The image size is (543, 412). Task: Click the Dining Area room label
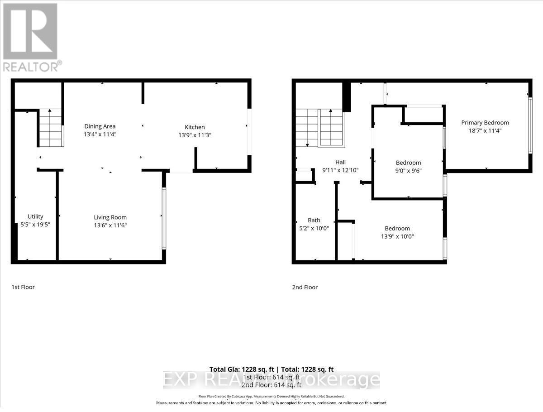pos(100,126)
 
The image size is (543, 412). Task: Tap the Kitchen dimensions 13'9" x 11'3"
pos(195,134)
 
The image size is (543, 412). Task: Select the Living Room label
pos(110,217)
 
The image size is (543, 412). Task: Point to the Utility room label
pos(35,216)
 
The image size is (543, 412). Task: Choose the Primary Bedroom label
pos(485,123)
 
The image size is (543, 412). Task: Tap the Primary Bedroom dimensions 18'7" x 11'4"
pos(485,130)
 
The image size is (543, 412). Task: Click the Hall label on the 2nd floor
pos(340,163)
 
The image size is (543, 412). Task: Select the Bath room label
pos(314,220)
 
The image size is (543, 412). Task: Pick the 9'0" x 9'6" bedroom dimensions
pos(408,170)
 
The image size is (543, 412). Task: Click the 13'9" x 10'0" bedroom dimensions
pos(397,236)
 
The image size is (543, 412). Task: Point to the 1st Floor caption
pos(23,287)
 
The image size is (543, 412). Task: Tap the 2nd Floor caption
pos(305,287)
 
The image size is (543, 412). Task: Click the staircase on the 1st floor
pos(50,128)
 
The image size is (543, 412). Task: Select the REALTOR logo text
pos(30,67)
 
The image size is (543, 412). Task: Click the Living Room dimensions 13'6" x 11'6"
pos(110,225)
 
